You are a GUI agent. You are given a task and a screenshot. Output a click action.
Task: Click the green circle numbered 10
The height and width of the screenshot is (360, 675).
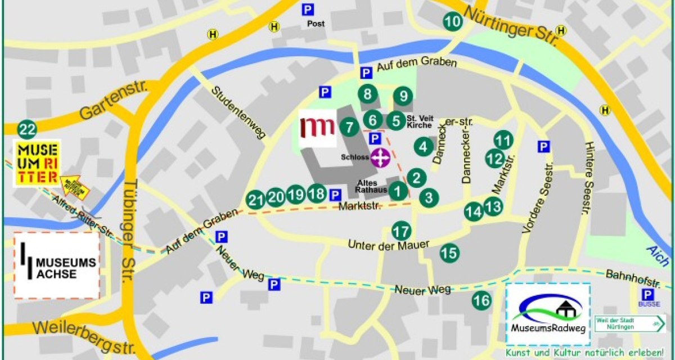453,21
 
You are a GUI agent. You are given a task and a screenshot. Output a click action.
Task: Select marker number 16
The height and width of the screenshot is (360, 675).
481,300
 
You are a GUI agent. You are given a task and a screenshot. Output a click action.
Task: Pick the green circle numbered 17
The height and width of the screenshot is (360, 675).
401,231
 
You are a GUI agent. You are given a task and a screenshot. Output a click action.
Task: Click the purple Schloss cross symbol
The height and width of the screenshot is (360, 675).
381,157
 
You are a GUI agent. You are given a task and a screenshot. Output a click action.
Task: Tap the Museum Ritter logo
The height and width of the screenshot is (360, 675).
38,164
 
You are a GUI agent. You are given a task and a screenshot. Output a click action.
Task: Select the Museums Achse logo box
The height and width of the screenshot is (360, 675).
57,265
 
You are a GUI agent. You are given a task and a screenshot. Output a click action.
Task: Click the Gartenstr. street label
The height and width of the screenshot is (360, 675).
112,102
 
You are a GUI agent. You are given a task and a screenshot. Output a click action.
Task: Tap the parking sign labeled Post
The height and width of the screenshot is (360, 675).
307,10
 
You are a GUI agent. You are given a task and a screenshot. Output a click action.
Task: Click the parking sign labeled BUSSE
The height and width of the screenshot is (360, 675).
648,295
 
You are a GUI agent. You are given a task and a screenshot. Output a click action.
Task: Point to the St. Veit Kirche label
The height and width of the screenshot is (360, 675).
419,121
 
